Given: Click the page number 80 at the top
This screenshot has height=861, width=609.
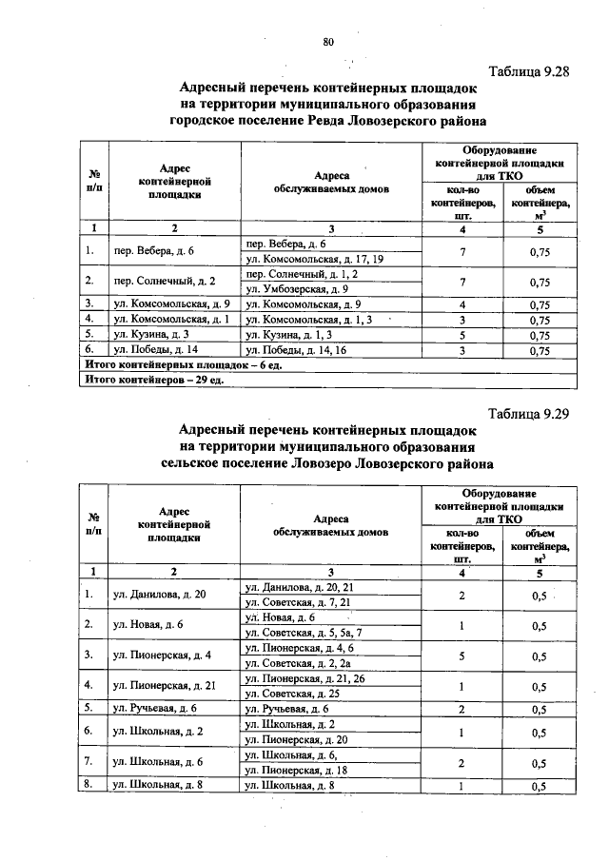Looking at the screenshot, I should [x=328, y=42].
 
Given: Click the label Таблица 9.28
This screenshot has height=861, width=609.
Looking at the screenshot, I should [x=528, y=72].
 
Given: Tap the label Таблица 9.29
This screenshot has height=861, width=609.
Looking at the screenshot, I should [x=528, y=415].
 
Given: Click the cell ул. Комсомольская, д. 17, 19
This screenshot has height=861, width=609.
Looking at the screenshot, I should [x=314, y=259].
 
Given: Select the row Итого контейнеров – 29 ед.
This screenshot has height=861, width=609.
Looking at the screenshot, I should [x=153, y=381].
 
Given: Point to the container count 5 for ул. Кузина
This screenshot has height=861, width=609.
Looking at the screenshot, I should [x=462, y=335].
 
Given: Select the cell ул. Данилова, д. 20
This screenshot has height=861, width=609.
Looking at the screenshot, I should [x=159, y=595].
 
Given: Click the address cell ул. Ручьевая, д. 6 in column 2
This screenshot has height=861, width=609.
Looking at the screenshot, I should [x=154, y=709].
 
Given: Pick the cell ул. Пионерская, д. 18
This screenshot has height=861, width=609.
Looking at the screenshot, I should [x=300, y=770].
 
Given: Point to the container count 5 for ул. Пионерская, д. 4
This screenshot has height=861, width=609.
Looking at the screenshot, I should [x=462, y=656].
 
